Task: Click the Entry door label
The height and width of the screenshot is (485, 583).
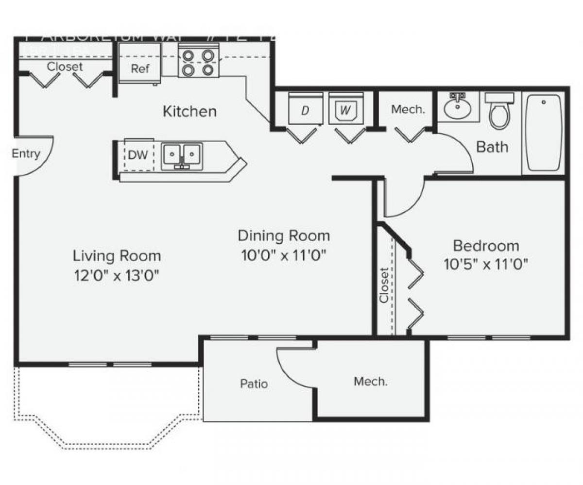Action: (x=26, y=154)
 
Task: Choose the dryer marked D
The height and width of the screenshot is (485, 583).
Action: (x=305, y=110)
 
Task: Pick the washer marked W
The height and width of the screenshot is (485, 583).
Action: (x=345, y=110)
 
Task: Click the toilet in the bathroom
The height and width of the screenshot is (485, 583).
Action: (x=499, y=111)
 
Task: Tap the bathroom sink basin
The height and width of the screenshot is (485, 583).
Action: (x=458, y=107)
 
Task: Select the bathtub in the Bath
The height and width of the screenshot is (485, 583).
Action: (x=544, y=132)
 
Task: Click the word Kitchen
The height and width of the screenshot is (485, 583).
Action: (x=189, y=111)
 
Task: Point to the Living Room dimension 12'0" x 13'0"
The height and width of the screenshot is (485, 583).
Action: (x=117, y=275)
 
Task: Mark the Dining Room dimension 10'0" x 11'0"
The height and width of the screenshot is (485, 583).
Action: (x=283, y=255)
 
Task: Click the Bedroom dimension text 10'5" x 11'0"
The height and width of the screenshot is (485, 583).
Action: (x=486, y=264)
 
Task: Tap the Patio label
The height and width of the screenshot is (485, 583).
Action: (x=254, y=384)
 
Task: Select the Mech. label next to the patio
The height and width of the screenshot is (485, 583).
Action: (x=370, y=381)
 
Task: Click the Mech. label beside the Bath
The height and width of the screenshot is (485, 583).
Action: (x=408, y=110)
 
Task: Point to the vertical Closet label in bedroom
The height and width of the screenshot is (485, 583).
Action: (x=385, y=285)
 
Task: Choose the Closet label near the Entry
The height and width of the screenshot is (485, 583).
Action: (x=65, y=67)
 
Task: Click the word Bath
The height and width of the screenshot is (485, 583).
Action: (x=492, y=147)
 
